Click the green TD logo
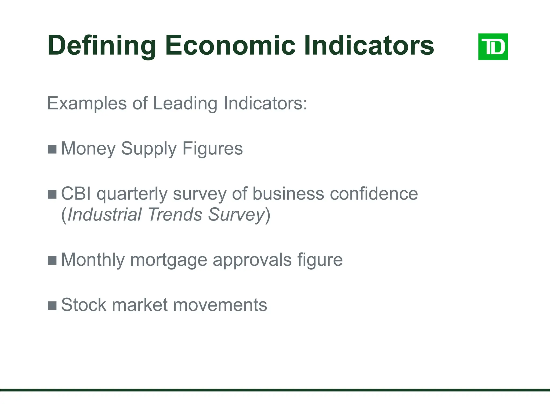pos(493,47)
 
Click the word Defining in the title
pos(102,46)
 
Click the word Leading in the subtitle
pos(185,104)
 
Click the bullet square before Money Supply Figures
pos(52,149)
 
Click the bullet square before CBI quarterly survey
pos(52,194)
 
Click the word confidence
pos(374,194)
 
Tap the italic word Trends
pos(175,215)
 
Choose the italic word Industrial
pos(104,215)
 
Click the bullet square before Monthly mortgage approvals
pos(52,260)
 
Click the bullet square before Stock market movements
pos(52,305)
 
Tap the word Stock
pos(84,305)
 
